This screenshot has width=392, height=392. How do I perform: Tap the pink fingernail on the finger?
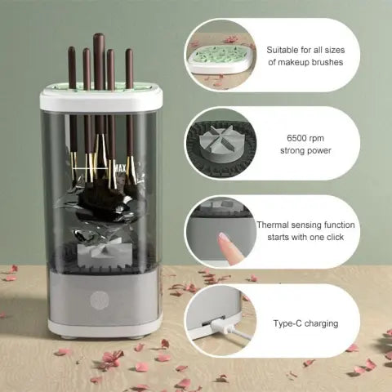click(x=223, y=238)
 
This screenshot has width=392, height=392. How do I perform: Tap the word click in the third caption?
click(x=325, y=237)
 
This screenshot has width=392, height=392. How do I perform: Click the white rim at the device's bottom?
click(x=101, y=327)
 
